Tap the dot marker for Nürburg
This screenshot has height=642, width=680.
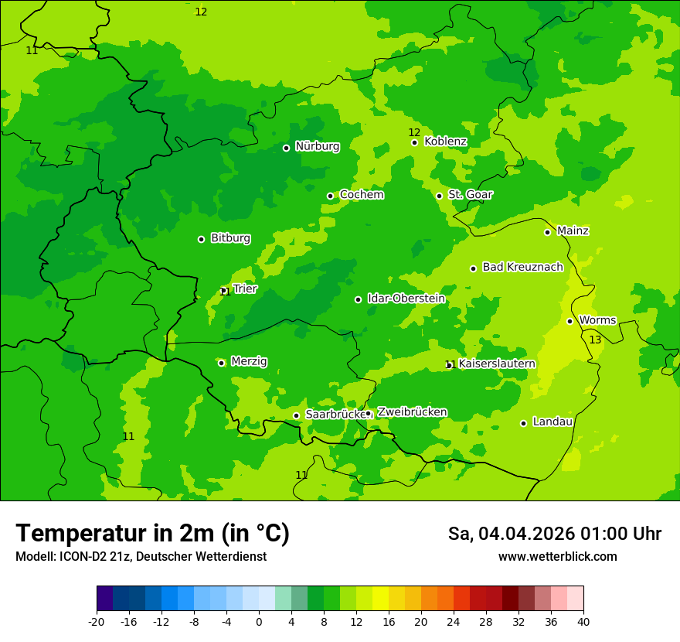pyautogui.click(x=286, y=148)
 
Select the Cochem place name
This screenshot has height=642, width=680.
pyautogui.click(x=362, y=195)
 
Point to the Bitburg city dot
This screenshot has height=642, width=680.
pyautogui.click(x=201, y=239)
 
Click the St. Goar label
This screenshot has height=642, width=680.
pyautogui.click(x=470, y=195)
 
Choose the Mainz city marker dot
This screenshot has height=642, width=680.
pyautogui.click(x=547, y=232)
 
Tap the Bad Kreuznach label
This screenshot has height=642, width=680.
pyautogui.click(x=522, y=268)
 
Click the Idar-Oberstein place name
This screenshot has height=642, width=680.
pyautogui.click(x=406, y=299)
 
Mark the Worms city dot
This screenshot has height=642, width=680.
pyautogui.click(x=569, y=321)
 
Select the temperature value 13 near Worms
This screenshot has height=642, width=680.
pyautogui.click(x=595, y=340)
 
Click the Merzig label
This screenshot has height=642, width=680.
pyautogui.click(x=249, y=362)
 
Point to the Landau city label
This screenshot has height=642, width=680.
pyautogui.click(x=552, y=422)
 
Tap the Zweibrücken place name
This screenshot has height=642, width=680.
pyautogui.click(x=412, y=412)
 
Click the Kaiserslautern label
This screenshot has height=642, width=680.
pyautogui.click(x=497, y=364)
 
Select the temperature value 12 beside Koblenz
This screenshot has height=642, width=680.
pyautogui.click(x=414, y=132)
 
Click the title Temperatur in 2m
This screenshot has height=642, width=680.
pyautogui.click(x=152, y=534)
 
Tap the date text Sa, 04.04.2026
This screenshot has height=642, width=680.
pyautogui.click(x=512, y=534)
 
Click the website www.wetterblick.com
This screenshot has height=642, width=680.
pyautogui.click(x=557, y=557)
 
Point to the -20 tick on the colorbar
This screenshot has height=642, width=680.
pyautogui.click(x=97, y=622)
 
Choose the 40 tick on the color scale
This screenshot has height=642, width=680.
pyautogui.click(x=583, y=622)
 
